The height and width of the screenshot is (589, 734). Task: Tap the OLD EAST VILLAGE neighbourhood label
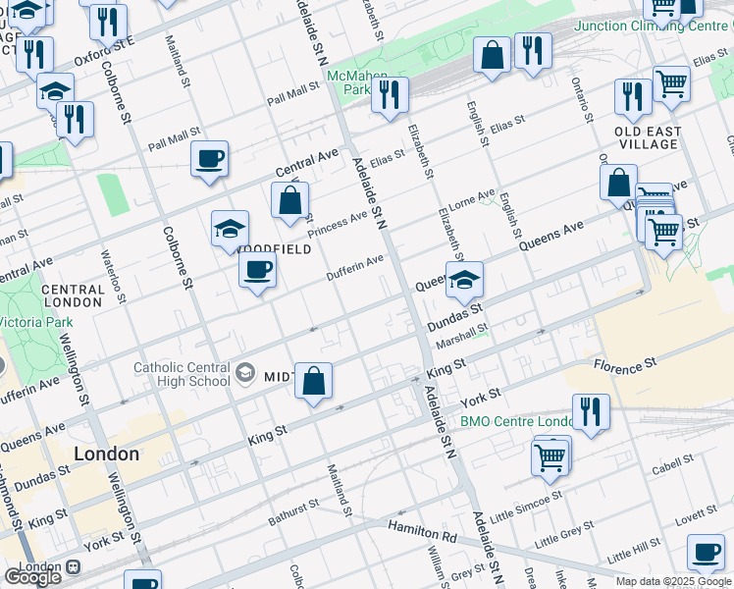pos(647,137)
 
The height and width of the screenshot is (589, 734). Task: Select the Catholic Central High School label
pos(182,375)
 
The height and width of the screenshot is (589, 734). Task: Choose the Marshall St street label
pos(462,337)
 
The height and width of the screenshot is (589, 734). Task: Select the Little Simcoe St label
pos(526,507)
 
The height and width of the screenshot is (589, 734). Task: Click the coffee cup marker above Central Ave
pos(209,159)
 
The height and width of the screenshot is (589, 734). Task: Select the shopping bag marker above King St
pos(313,382)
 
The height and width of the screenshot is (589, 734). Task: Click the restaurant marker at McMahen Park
pos(390,95)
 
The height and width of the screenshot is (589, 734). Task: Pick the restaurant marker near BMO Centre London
pos(591,411)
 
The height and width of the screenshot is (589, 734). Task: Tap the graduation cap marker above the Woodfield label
pos(230,230)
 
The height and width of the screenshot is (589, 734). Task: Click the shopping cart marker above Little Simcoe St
pos(550,456)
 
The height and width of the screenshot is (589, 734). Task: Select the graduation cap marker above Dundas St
pos(464,281)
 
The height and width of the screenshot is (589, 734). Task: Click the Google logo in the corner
pos(33,576)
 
